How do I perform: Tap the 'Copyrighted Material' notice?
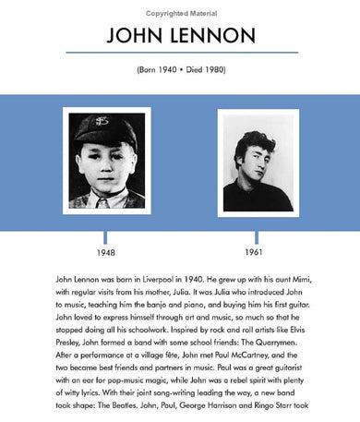click(180, 6)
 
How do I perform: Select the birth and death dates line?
click(180, 68)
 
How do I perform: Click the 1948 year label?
click(106, 252)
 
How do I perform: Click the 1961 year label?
click(254, 252)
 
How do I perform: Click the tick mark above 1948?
click(106, 237)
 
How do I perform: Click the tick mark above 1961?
click(254, 237)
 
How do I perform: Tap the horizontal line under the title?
click(180, 53)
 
